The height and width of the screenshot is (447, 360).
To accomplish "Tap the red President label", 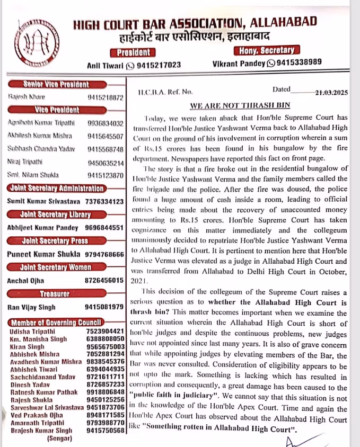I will pyautogui.click(x=133, y=52).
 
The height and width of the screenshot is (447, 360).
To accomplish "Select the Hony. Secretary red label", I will pyautogui.click(x=266, y=50).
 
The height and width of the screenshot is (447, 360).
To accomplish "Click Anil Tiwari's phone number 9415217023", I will pyautogui.click(x=157, y=65).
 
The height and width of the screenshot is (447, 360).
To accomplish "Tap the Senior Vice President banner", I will pyautogui.click(x=56, y=84).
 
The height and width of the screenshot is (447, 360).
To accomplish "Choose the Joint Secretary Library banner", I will pyautogui.click(x=55, y=214).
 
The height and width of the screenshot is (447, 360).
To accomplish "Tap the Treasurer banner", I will pyautogui.click(x=56, y=293).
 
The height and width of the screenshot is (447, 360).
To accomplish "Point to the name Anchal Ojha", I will pyautogui.click(x=25, y=280).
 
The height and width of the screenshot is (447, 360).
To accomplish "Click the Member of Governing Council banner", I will pyautogui.click(x=56, y=322).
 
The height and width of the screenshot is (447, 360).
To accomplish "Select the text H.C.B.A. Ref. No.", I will pyautogui.click(x=165, y=92).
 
